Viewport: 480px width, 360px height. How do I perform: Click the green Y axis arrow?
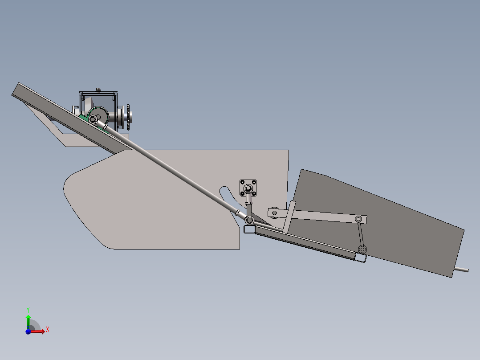(28, 320)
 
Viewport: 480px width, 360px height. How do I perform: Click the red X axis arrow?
(39, 331)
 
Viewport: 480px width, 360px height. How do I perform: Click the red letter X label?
(47, 329)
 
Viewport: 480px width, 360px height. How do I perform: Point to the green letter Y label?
(28, 309)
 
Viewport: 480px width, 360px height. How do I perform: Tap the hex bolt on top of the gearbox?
(98, 90)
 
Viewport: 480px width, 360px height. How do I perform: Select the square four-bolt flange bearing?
(248, 188)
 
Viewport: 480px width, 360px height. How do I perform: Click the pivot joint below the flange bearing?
(249, 220)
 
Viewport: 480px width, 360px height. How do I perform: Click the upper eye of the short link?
(358, 219)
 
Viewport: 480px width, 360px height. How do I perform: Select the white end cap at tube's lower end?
(360, 258)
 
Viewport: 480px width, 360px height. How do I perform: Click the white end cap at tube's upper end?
(249, 229)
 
